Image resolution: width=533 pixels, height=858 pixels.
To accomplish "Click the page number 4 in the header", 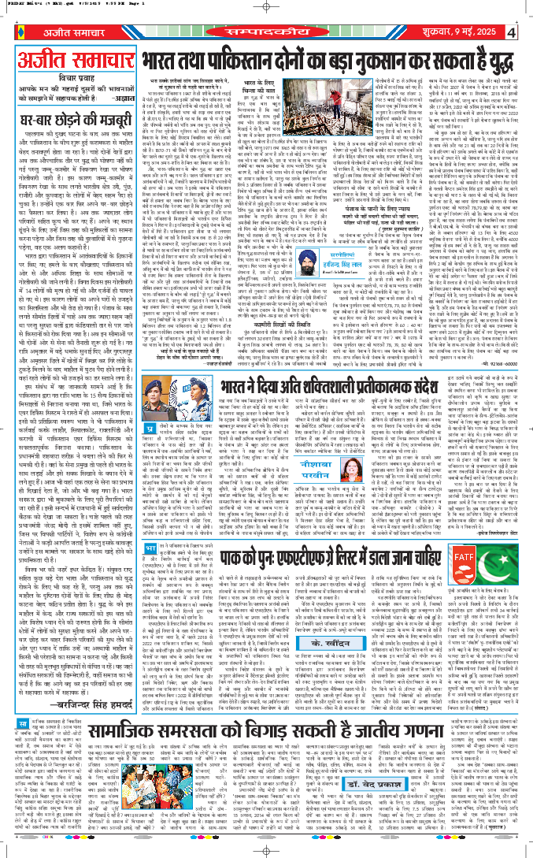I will pyautogui.click(x=511, y=32).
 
